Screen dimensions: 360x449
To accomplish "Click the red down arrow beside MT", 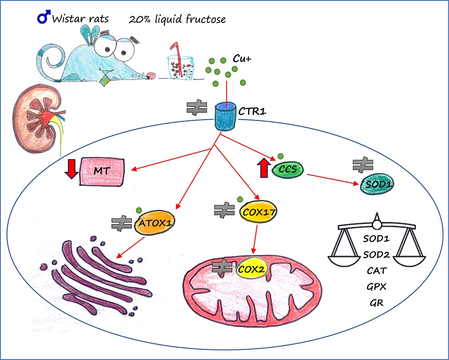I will click(x=71, y=169).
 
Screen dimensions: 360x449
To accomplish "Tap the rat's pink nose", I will click(x=151, y=75).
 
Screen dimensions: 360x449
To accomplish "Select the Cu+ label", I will click(x=241, y=58).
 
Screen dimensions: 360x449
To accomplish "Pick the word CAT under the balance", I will click(x=376, y=271).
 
